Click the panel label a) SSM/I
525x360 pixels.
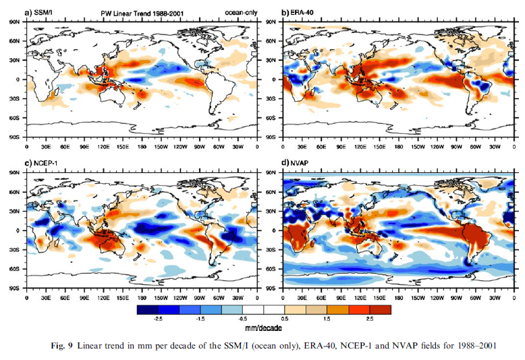(41, 13)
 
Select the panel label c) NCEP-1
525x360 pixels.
(43, 164)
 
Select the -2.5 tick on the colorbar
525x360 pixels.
(157, 317)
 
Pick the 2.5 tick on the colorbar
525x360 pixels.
(368, 317)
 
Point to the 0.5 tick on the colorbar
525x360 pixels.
(283, 317)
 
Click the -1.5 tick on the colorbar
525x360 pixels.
(199, 317)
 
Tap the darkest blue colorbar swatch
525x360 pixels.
(146, 309)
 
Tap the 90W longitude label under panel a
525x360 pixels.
(181, 146)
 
